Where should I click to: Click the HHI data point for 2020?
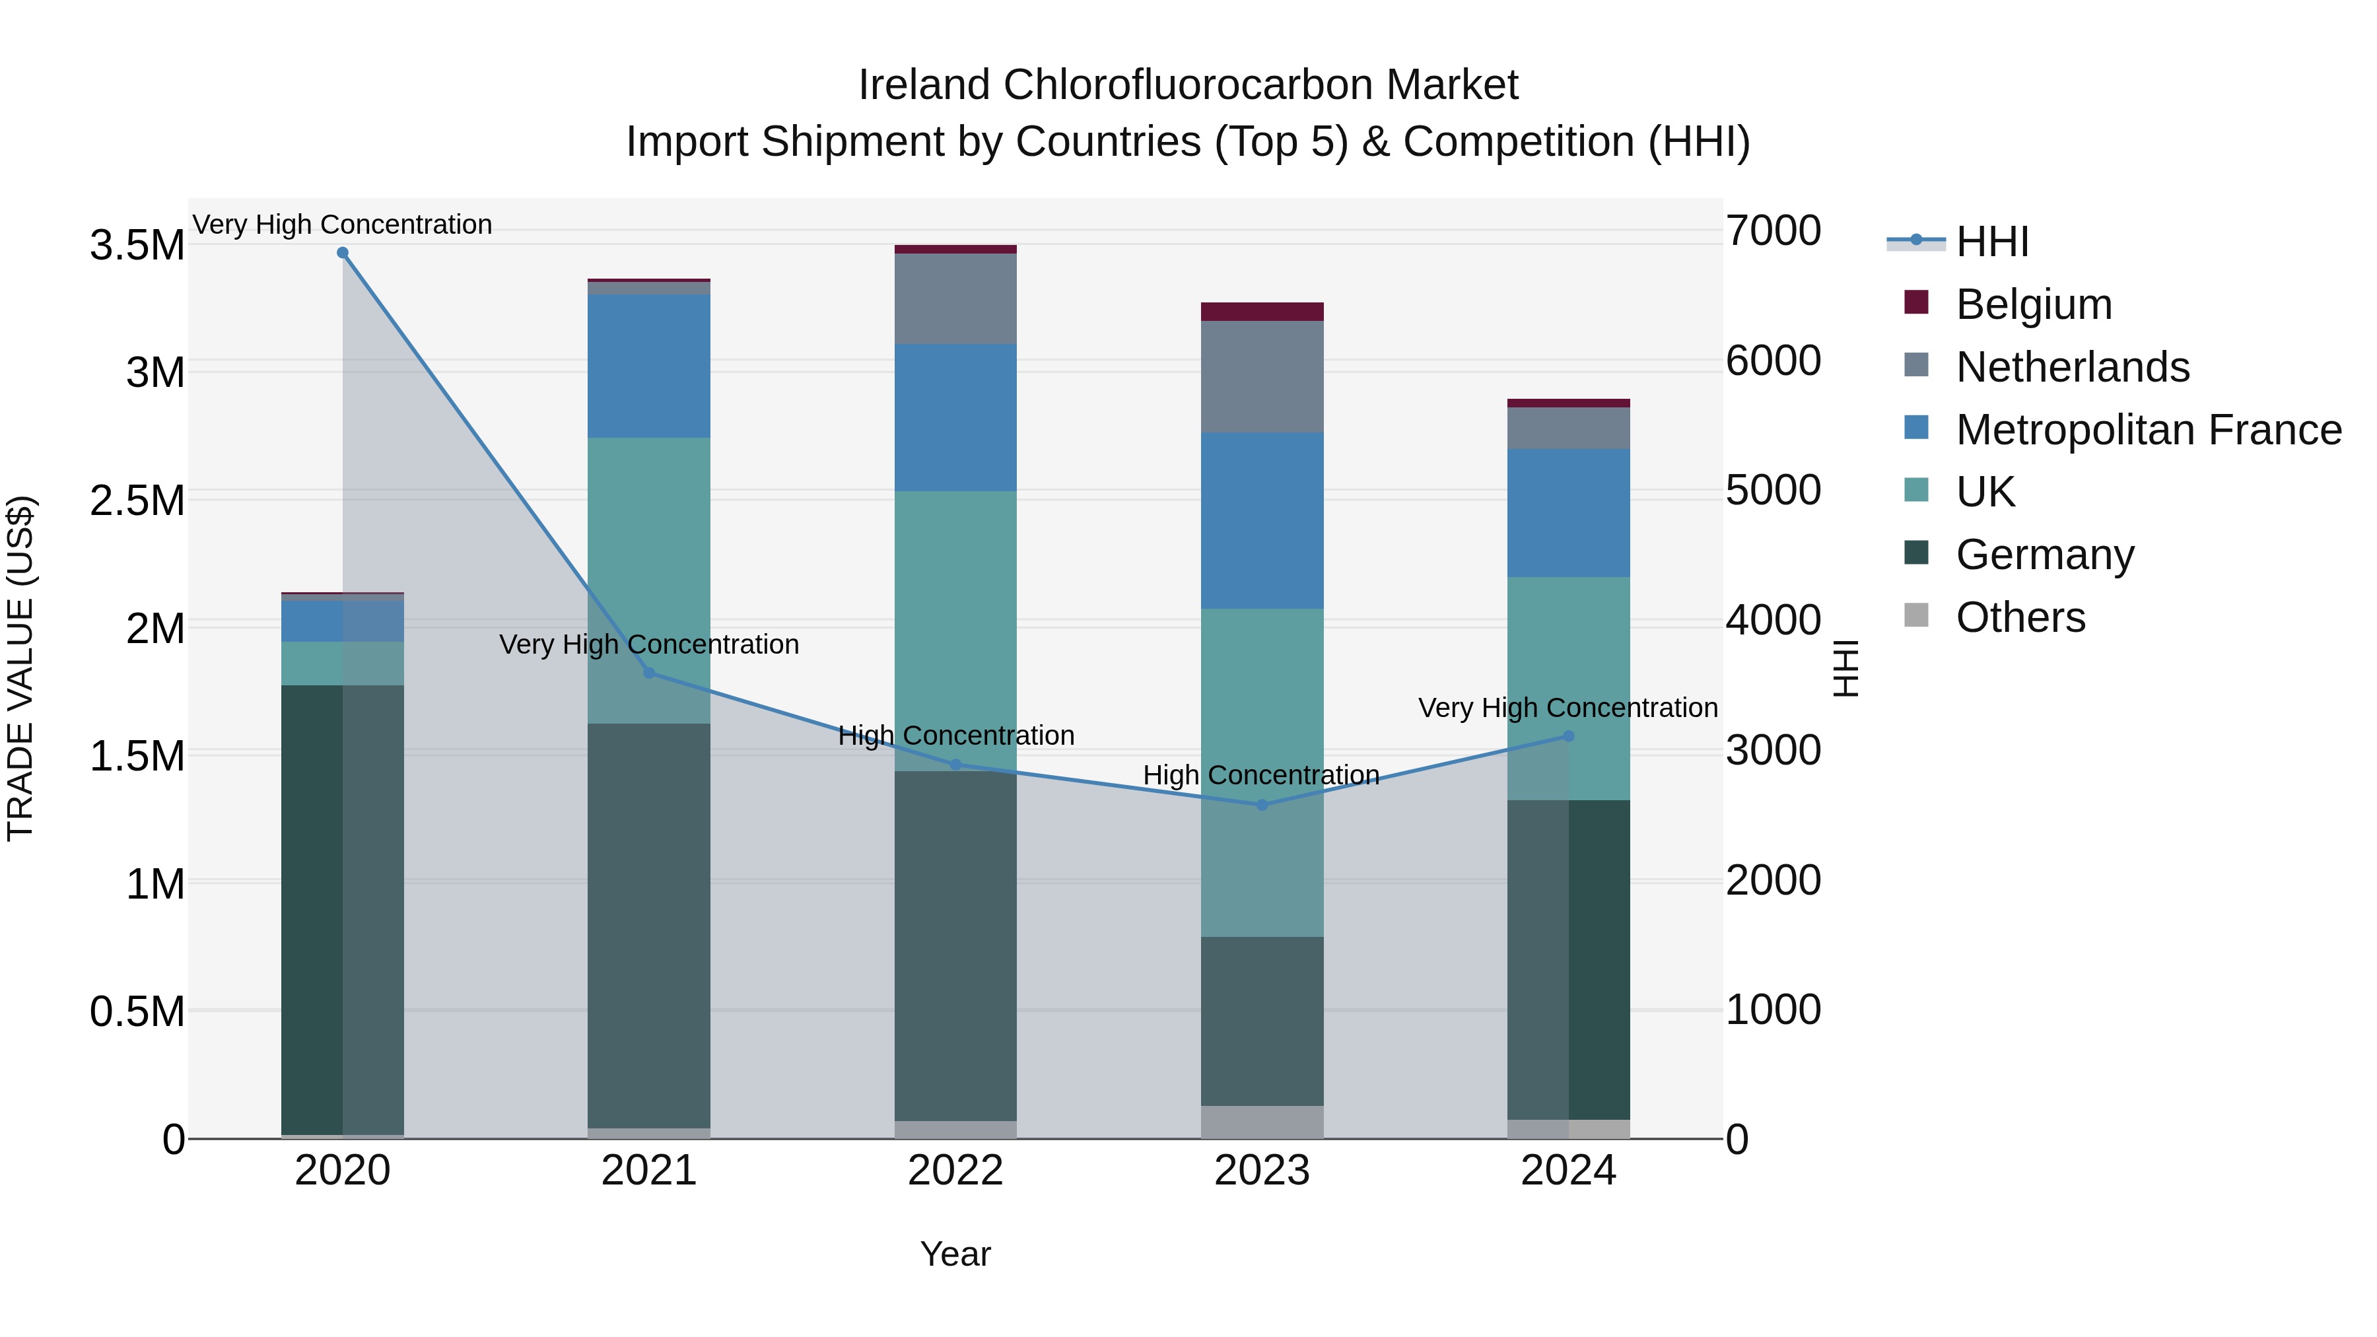342,253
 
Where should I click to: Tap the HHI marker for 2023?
1262,805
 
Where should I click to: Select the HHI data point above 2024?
1569,736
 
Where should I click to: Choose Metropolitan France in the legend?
2148,430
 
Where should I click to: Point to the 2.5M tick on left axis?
137,501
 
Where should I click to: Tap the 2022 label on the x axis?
955,1171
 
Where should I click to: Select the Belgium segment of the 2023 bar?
1262,312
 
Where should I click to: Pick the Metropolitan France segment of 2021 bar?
648,365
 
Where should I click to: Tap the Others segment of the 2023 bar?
1262,1121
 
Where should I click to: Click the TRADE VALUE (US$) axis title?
21,668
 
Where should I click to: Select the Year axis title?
955,1254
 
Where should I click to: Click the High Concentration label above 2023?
1260,775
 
